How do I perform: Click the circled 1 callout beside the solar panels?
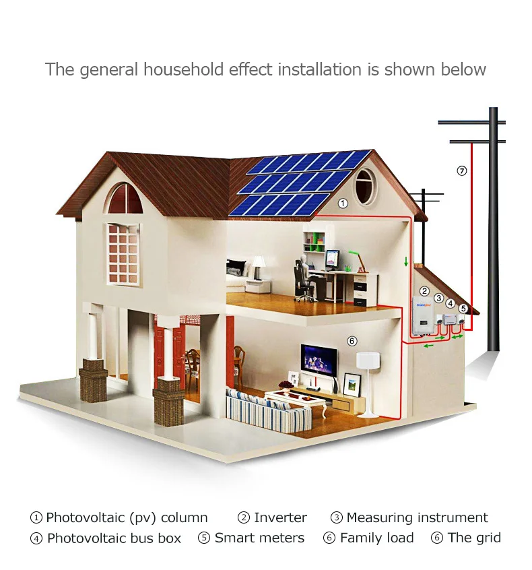pos(342,203)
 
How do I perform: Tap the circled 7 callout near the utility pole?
pos(461,170)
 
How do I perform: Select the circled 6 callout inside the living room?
pos(352,341)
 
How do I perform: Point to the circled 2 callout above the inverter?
pos(424,291)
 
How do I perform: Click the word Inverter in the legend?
pos(280,517)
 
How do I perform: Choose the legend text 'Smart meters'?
pos(259,538)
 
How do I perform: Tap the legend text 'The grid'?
pos(474,538)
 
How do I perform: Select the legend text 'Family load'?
pos(376,538)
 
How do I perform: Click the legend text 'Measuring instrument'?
pos(417,517)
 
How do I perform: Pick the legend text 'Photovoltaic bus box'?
pos(114,538)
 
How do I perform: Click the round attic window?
pos(365,185)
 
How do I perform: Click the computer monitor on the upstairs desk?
pos(333,259)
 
